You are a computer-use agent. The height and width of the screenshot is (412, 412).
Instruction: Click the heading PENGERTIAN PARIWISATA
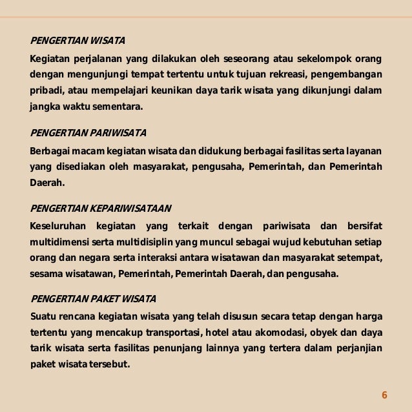pos(88,133)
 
